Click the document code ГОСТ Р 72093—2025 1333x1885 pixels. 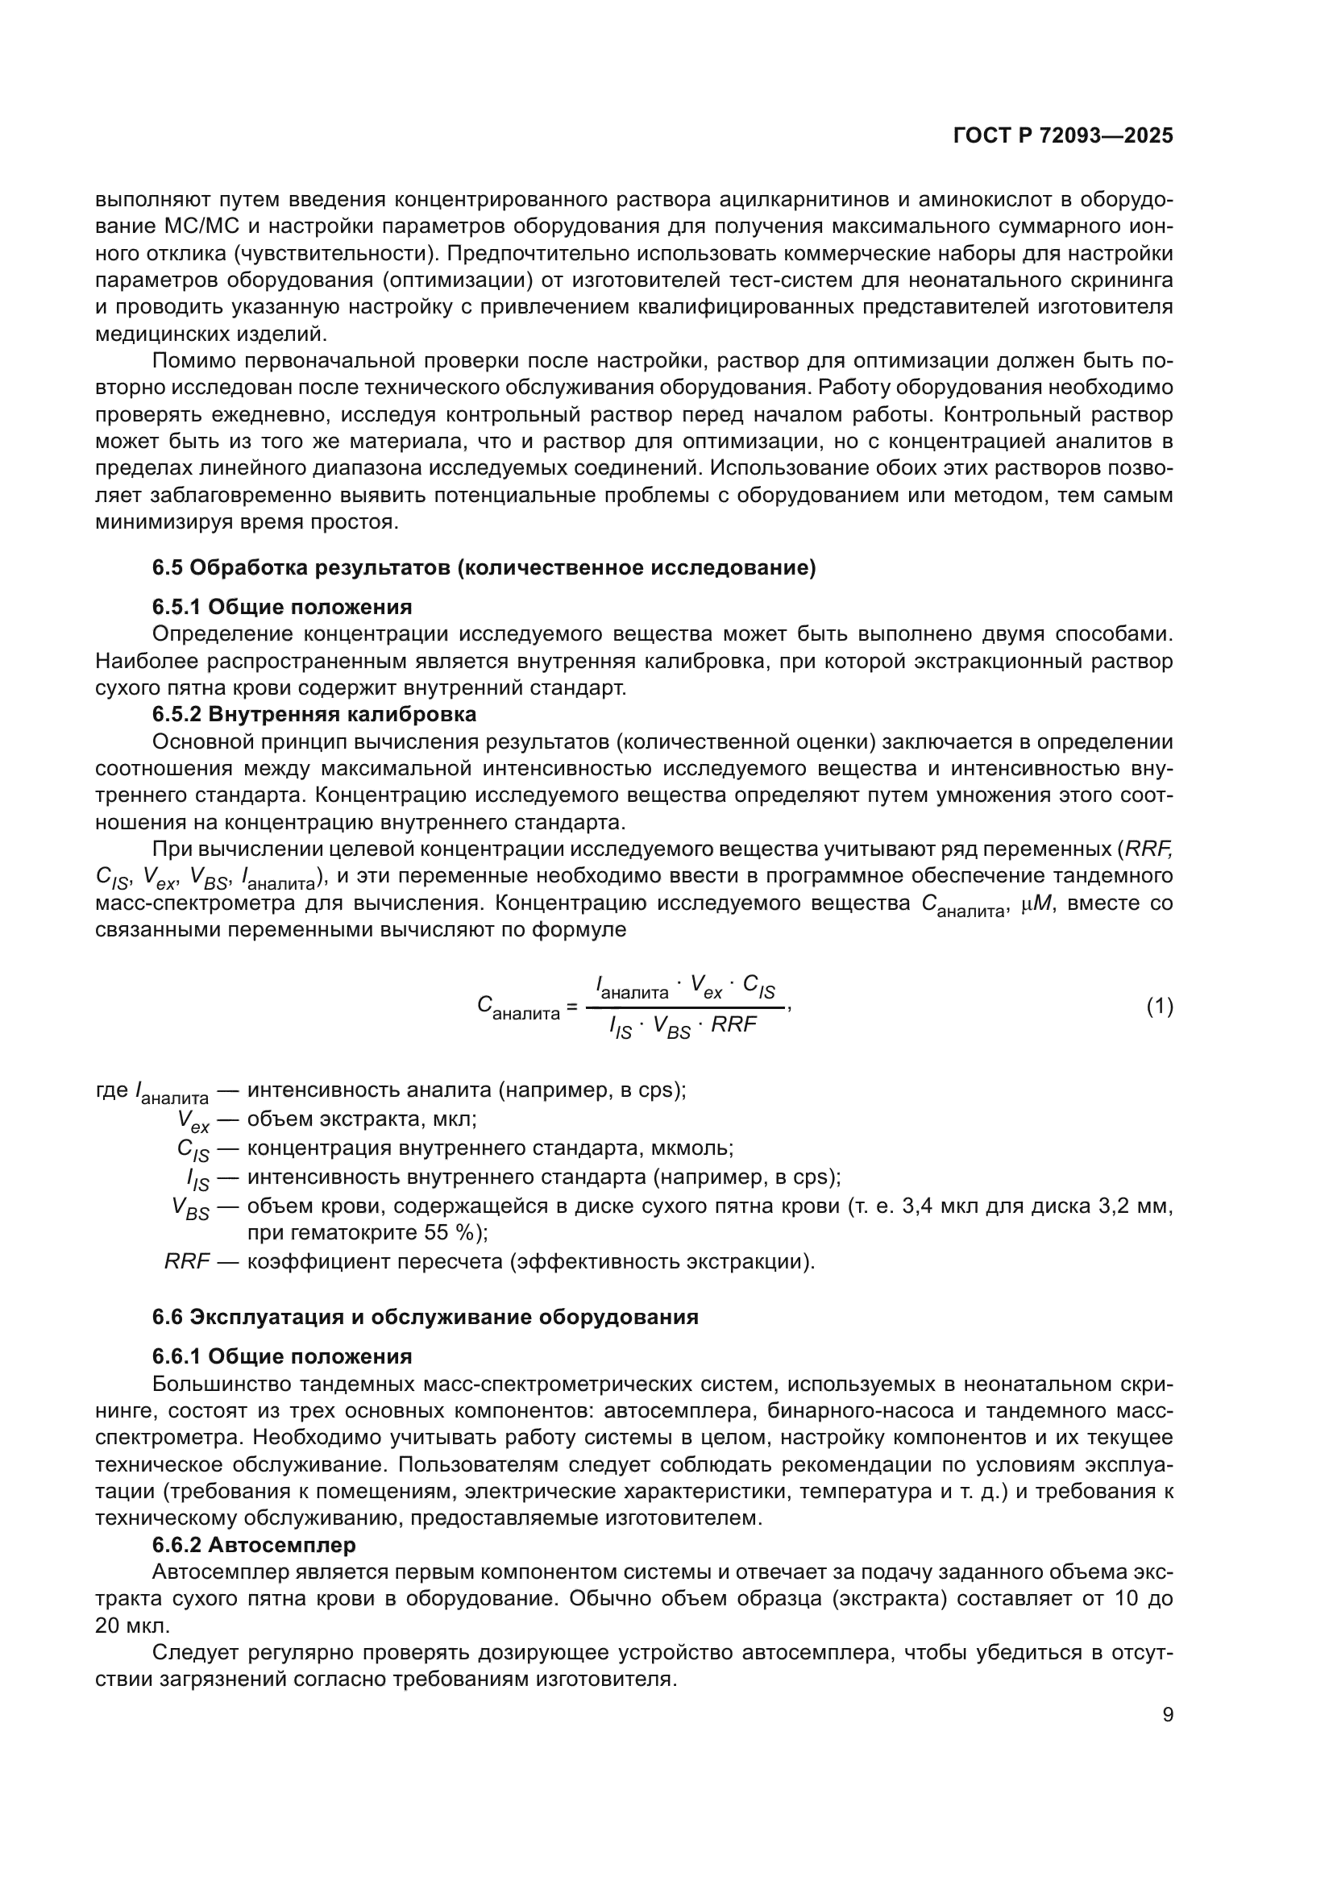pyautogui.click(x=1063, y=136)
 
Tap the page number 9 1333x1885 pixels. pyautogui.click(x=1168, y=1715)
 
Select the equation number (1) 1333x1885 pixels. pyautogui.click(x=1159, y=1007)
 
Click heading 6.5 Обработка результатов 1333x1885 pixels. pyautogui.click(x=484, y=568)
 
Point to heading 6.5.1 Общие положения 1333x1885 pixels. pyautogui.click(x=281, y=608)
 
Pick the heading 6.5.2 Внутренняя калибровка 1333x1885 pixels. pyautogui.click(x=314, y=714)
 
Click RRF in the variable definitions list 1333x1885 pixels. pyautogui.click(x=187, y=1261)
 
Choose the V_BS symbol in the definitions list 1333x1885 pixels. pyautogui.click(x=190, y=1208)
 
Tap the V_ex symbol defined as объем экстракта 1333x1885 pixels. pyautogui.click(x=193, y=1121)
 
